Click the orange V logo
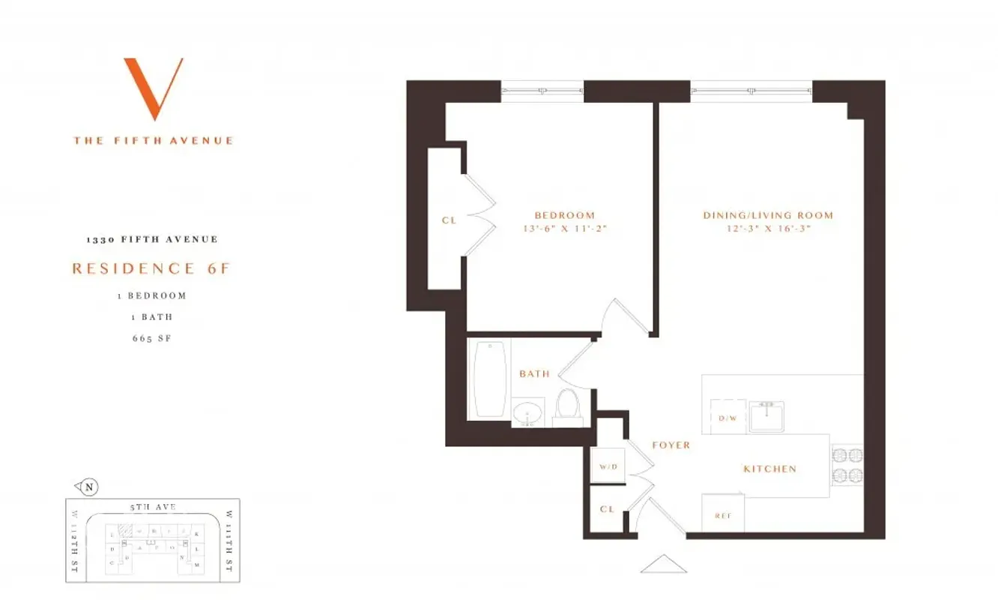tap(154, 88)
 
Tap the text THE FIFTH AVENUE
tap(154, 140)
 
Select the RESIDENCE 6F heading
tap(151, 268)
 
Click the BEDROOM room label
tap(564, 215)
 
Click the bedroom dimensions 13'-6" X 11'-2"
tap(564, 229)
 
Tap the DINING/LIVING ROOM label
tap(767, 215)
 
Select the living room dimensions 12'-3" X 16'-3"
tap(767, 229)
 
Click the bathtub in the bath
tap(489, 379)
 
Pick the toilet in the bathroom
tap(567, 406)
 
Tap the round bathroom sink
tap(529, 413)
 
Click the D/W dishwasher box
tap(728, 417)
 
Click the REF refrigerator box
tap(723, 515)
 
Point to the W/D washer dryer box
tap(608, 467)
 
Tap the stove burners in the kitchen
tap(847, 465)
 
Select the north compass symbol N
tap(89, 487)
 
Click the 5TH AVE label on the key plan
tap(153, 507)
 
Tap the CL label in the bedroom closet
tap(449, 220)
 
